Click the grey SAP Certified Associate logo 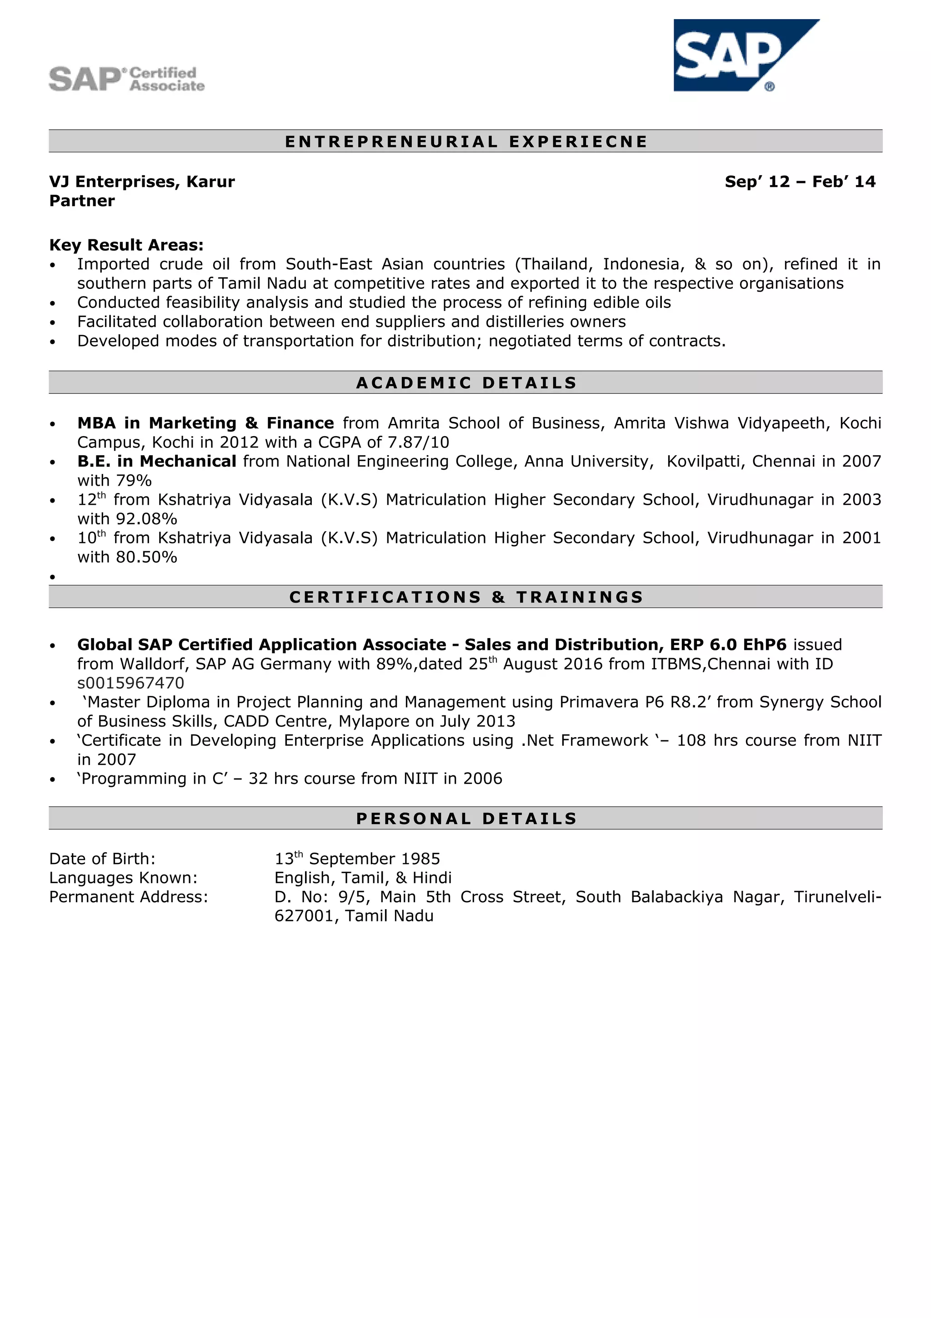coord(127,79)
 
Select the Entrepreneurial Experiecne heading coord(466,141)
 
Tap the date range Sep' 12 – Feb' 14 coord(800,182)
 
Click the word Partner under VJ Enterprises coord(82,201)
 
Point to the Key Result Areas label coord(126,245)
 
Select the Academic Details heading coord(466,383)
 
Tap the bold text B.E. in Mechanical coord(156,462)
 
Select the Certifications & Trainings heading coord(466,597)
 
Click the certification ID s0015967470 coord(131,683)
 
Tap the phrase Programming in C coord(153,779)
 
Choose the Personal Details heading coord(466,819)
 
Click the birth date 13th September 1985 coord(357,859)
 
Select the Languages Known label coord(123,878)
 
